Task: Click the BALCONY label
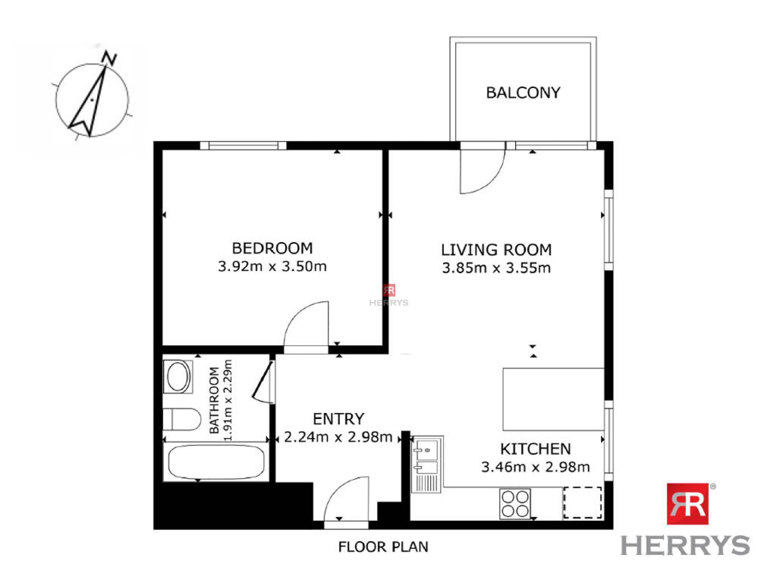click(x=523, y=93)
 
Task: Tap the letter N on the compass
click(x=110, y=59)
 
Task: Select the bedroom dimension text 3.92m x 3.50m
click(x=272, y=266)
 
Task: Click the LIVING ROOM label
click(x=496, y=250)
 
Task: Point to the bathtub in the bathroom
click(x=216, y=462)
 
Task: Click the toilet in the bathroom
click(x=182, y=419)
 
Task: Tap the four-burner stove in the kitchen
click(x=515, y=504)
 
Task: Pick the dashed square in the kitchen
click(x=582, y=502)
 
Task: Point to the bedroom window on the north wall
click(x=243, y=146)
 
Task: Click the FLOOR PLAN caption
click(x=383, y=547)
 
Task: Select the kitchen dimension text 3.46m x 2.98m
click(x=535, y=467)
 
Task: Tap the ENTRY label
click(x=338, y=419)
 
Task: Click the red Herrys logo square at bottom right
click(x=687, y=504)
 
